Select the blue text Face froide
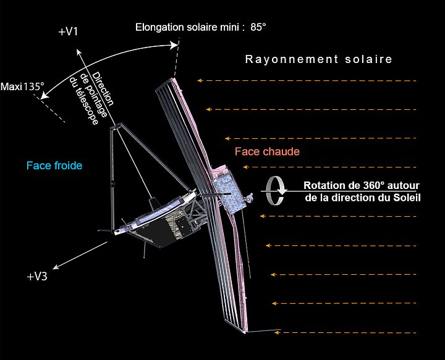54,166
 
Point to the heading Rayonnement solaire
319,59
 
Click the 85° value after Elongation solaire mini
258,27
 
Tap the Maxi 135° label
23,87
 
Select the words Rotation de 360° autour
362,186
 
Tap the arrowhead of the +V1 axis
78,52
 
